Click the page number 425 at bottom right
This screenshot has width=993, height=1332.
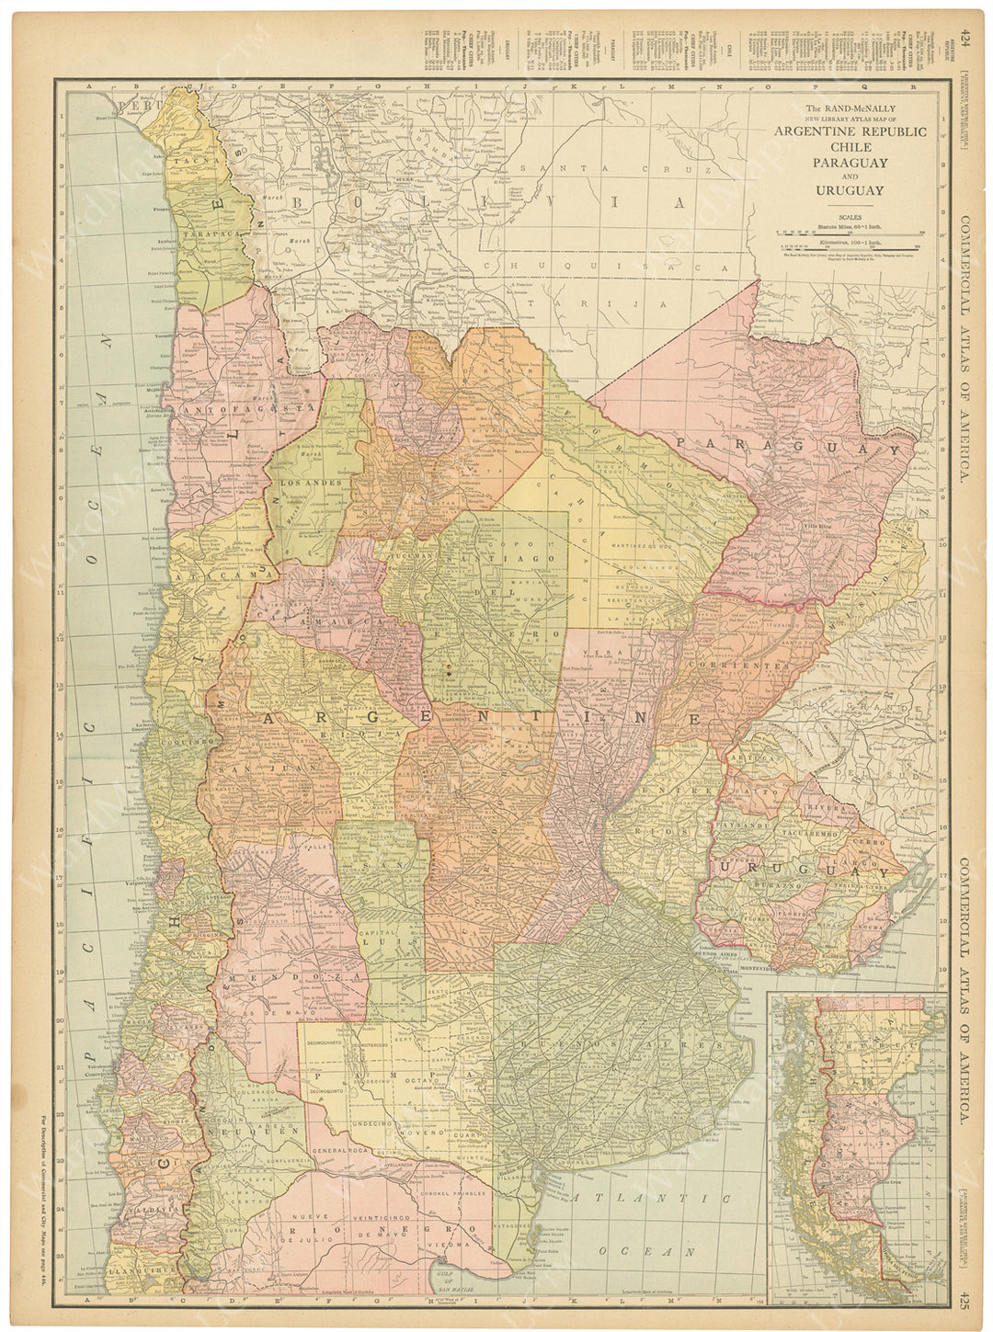(964, 1298)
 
